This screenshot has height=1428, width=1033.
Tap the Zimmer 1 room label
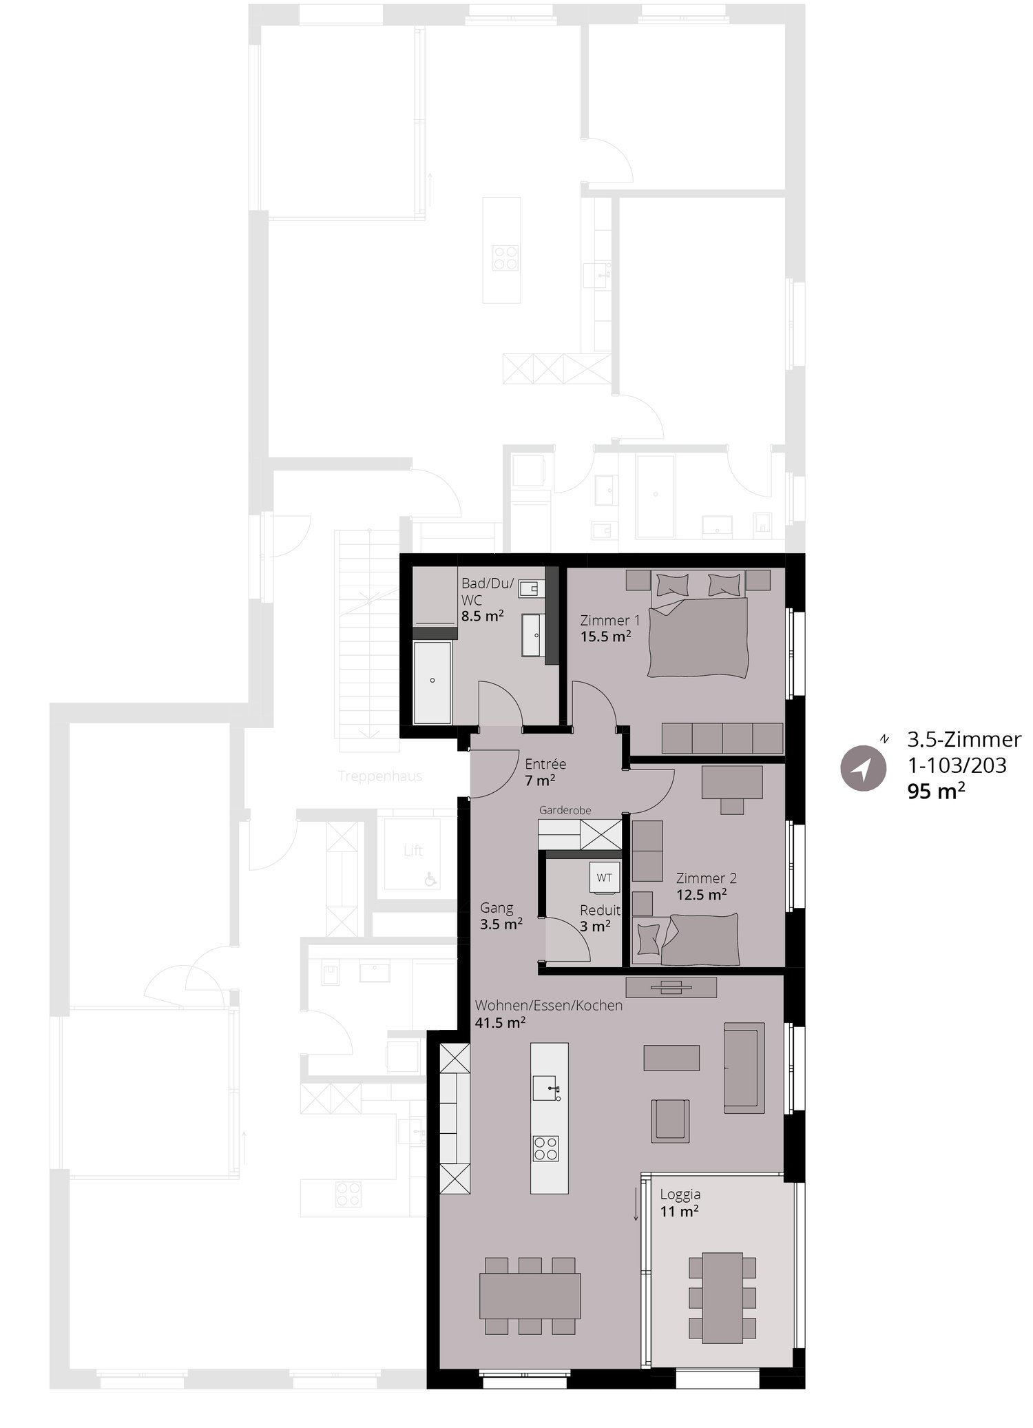tap(610, 620)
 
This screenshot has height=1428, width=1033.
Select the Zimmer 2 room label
tap(706, 878)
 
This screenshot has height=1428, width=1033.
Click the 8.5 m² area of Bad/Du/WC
tap(482, 616)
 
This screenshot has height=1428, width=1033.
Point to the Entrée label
tap(545, 764)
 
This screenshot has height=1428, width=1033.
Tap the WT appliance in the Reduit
tap(604, 878)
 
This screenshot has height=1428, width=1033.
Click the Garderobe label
tap(565, 810)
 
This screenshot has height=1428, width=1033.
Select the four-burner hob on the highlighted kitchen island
tap(546, 1148)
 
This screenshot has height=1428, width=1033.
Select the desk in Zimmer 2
tap(732, 783)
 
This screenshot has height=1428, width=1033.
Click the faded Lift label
tap(413, 851)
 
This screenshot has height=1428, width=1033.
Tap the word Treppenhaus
tap(380, 776)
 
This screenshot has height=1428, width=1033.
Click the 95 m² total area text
tap(935, 791)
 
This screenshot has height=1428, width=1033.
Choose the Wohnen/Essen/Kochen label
tap(548, 1005)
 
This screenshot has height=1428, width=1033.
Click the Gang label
tap(497, 908)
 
